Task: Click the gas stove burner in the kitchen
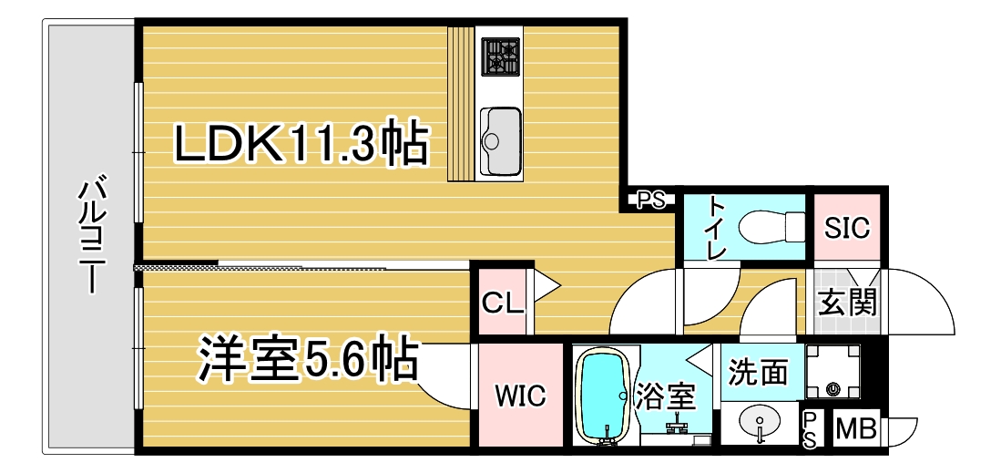tap(501, 57)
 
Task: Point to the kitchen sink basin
tap(500, 140)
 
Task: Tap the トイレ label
tap(717, 228)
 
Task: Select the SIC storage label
tap(846, 228)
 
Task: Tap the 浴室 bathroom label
tap(665, 399)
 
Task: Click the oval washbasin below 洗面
tap(760, 424)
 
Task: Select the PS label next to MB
tap(810, 430)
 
